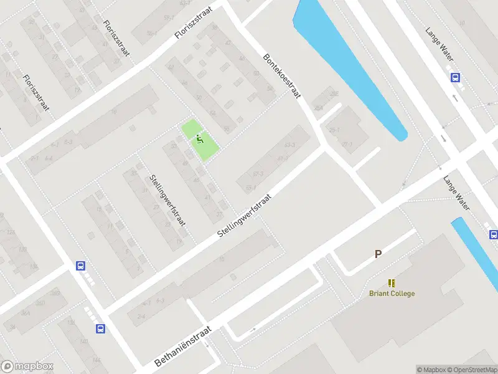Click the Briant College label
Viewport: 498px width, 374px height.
tap(392, 294)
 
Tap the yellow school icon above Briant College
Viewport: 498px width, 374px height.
tap(392, 283)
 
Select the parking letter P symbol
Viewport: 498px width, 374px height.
tap(377, 254)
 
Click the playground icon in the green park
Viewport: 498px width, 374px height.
tap(199, 138)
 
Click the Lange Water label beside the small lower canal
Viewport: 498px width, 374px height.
tap(456, 192)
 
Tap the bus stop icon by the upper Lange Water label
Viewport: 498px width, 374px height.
tap(456, 78)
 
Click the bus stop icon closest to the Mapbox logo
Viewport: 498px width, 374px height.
tap(100, 328)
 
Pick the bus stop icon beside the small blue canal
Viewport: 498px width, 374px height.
tap(493, 235)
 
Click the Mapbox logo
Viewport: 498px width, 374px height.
tap(27, 367)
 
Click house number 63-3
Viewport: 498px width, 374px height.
tap(289, 145)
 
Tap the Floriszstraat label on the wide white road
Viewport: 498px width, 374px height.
tap(193, 23)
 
